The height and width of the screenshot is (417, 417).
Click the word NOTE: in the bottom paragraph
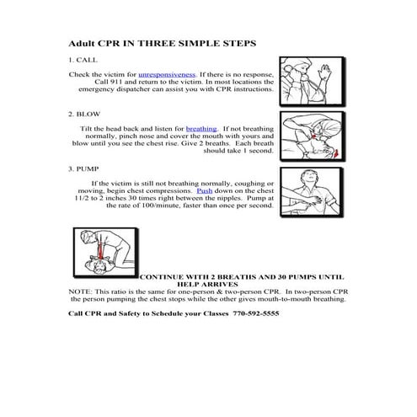click(81, 291)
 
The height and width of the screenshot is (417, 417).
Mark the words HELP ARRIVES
click(204, 284)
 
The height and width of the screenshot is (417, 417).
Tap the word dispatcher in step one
click(147, 89)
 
